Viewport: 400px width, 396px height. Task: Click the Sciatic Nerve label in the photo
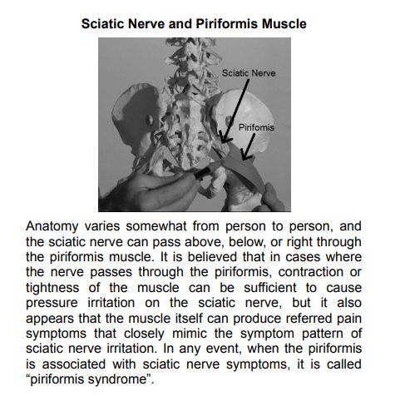click(249, 73)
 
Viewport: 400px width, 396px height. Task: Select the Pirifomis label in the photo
click(256, 129)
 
